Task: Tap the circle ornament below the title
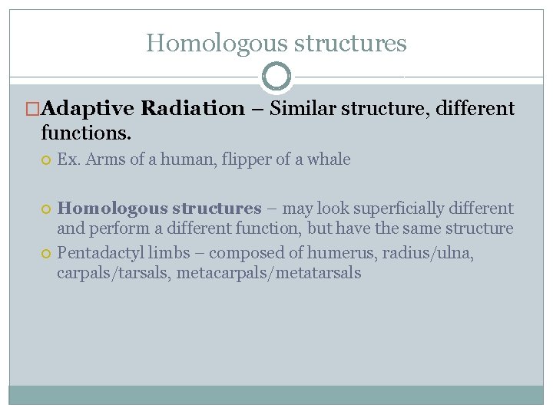pyautogui.click(x=276, y=77)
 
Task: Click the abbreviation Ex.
pyautogui.click(x=68, y=159)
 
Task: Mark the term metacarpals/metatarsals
pyautogui.click(x=269, y=273)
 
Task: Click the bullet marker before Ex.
pyautogui.click(x=46, y=160)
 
